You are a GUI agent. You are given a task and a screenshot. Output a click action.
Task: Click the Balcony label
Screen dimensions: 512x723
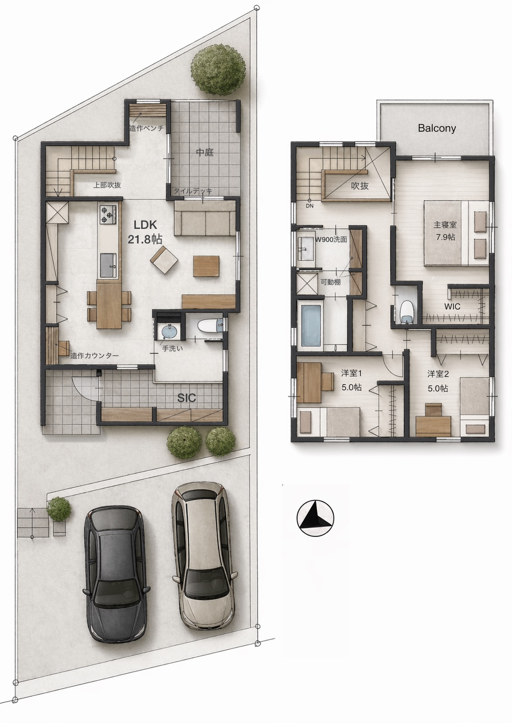tap(437, 129)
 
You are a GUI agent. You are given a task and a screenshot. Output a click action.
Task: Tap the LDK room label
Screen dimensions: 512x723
tap(146, 224)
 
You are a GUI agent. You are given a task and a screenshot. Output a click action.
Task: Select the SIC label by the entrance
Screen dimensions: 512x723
tap(187, 398)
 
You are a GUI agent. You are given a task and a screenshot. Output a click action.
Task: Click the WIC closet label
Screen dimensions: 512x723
tap(452, 306)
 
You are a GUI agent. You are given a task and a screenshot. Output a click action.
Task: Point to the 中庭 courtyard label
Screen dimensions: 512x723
tap(205, 152)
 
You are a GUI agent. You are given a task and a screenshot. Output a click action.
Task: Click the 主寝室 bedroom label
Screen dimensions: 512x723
tap(445, 224)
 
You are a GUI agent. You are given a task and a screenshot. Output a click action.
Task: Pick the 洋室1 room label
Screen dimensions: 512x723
tap(352, 373)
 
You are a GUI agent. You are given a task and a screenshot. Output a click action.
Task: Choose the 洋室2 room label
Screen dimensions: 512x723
tap(438, 374)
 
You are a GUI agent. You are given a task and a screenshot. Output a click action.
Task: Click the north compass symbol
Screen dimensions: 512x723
tap(315, 518)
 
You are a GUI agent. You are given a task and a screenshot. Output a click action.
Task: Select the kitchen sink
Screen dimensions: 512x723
tap(108, 265)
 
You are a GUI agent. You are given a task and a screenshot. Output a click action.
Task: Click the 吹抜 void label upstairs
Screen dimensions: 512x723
tap(360, 186)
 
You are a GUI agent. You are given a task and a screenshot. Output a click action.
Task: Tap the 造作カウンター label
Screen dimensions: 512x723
tap(94, 356)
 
